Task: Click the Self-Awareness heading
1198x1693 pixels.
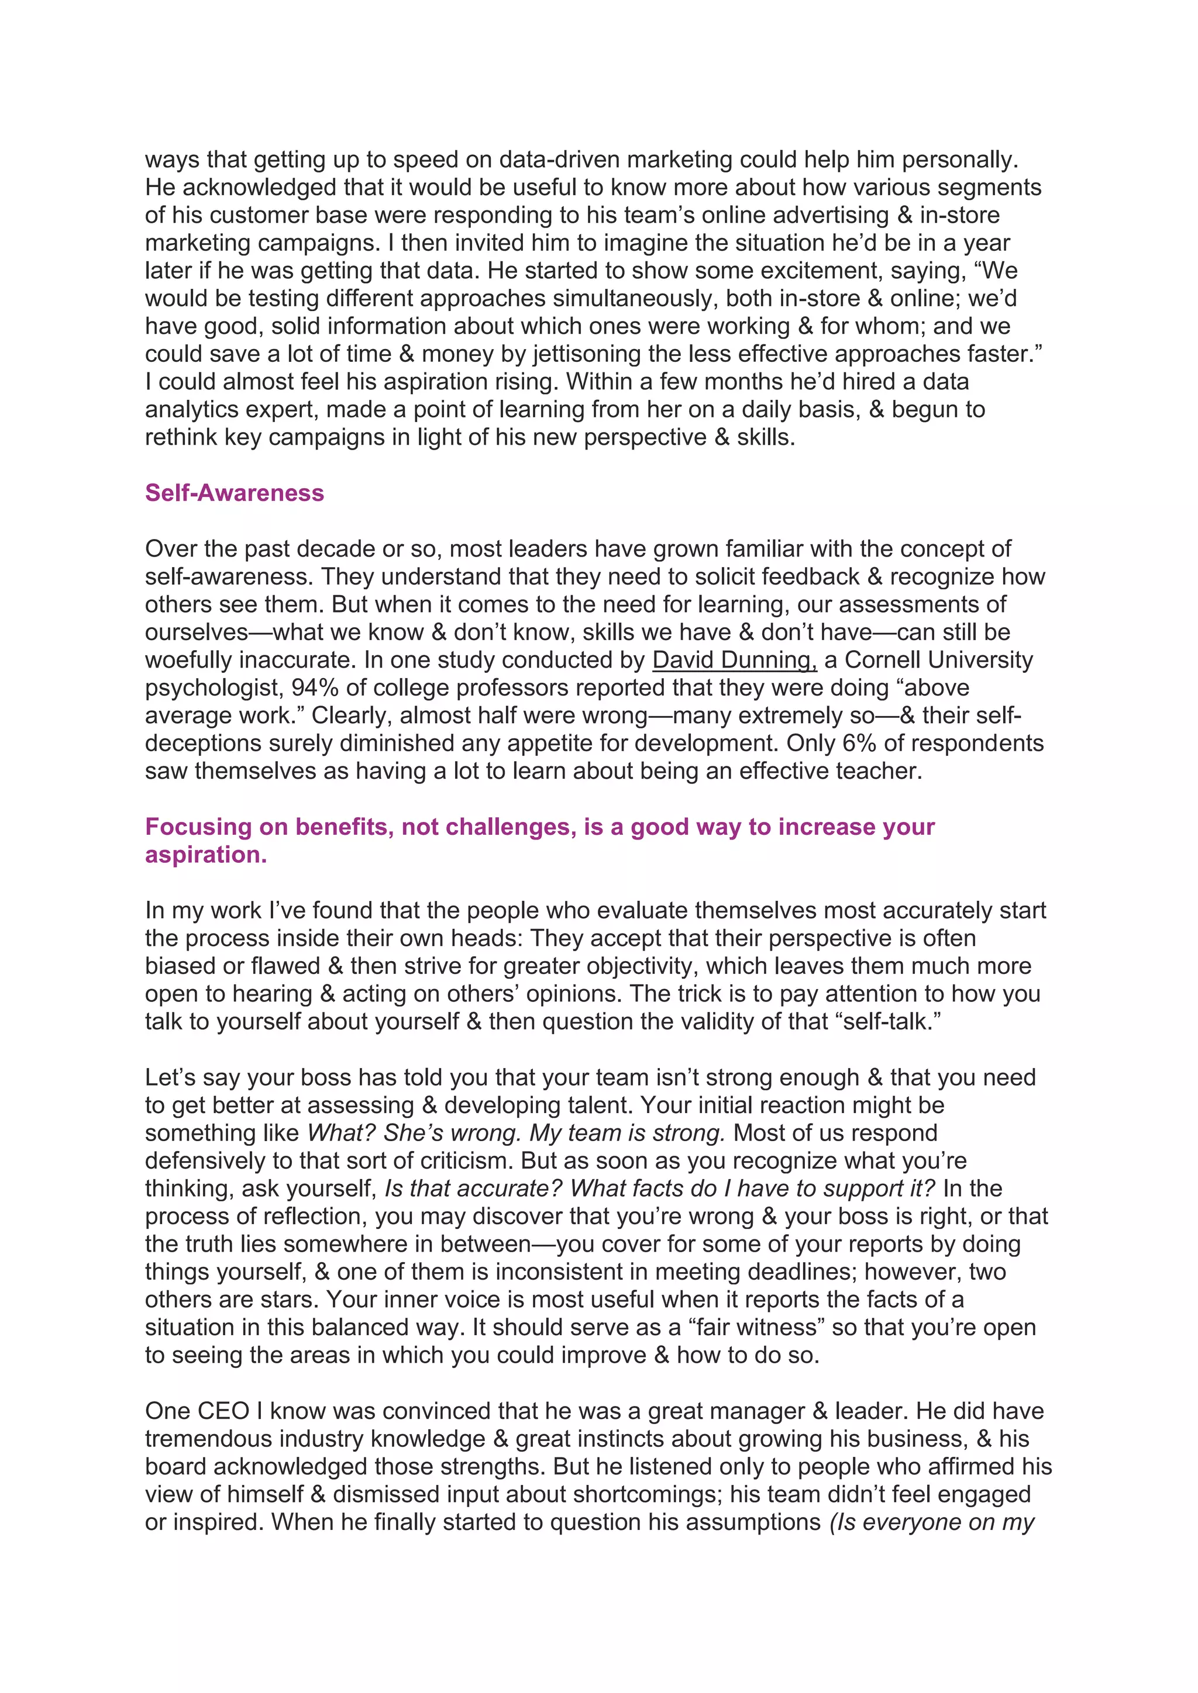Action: point(234,493)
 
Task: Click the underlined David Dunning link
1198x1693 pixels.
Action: point(734,660)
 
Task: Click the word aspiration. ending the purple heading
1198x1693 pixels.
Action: point(206,855)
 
